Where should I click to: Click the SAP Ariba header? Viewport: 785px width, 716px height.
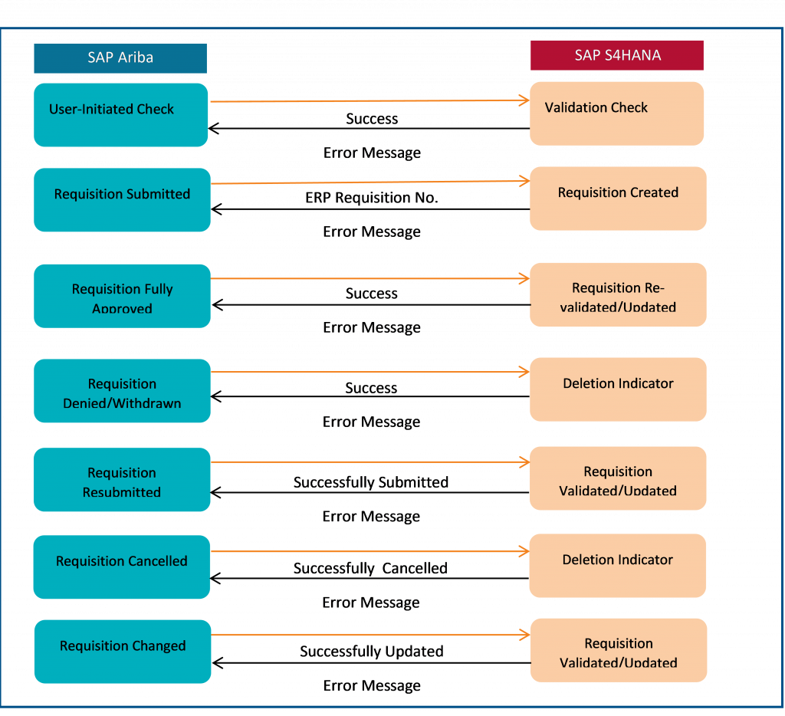(x=120, y=58)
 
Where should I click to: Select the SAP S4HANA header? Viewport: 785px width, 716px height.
(x=617, y=55)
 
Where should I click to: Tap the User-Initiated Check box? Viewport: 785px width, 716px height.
(x=120, y=115)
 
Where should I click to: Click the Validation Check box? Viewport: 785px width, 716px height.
(x=617, y=113)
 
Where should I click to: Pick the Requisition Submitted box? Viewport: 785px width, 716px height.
(x=122, y=200)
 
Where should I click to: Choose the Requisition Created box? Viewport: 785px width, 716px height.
(x=619, y=199)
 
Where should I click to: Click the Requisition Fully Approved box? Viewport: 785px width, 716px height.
(x=122, y=296)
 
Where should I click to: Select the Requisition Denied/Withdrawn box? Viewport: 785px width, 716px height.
(x=122, y=390)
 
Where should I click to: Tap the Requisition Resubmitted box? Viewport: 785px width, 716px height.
(x=122, y=479)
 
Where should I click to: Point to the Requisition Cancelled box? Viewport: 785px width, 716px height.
(x=122, y=567)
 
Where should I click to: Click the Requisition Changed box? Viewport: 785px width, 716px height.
(x=123, y=652)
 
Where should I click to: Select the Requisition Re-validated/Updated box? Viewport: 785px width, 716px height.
(x=619, y=295)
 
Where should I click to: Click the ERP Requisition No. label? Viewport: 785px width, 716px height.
(x=372, y=198)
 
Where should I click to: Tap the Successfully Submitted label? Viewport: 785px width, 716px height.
(x=371, y=482)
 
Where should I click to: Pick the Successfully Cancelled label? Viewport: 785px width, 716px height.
(x=370, y=568)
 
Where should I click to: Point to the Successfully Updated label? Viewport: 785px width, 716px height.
(x=372, y=652)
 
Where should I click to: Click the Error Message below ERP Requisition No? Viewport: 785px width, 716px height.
(x=372, y=232)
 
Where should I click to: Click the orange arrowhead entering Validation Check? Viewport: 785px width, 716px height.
(x=524, y=100)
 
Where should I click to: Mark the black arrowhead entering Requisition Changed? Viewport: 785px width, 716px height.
(x=217, y=663)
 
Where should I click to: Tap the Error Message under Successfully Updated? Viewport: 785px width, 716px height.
(x=372, y=685)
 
